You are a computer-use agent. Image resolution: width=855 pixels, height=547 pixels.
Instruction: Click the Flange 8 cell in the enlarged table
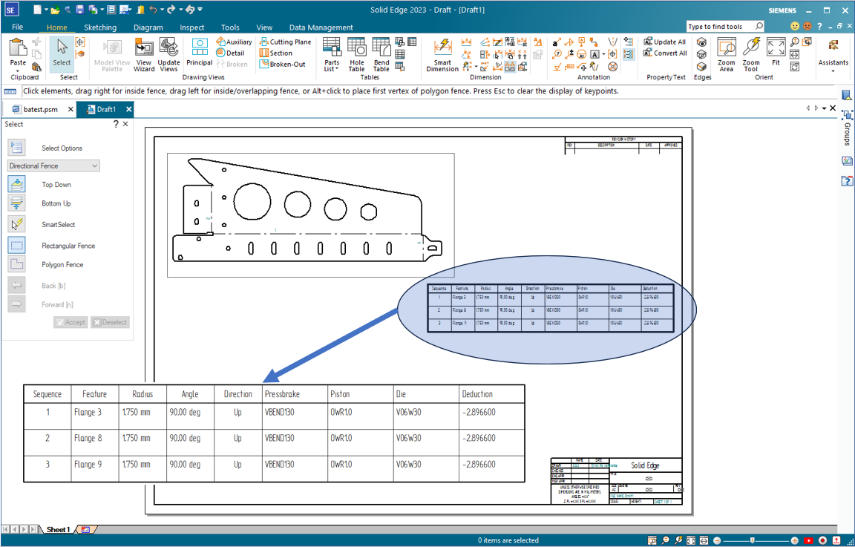point(88,438)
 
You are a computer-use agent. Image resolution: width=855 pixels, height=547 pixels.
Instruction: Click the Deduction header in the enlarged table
point(477,394)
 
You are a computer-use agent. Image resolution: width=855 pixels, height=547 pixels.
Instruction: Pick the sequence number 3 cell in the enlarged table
point(48,464)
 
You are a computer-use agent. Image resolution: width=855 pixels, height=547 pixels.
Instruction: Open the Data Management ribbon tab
point(321,27)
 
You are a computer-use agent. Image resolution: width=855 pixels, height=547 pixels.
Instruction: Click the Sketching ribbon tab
point(100,27)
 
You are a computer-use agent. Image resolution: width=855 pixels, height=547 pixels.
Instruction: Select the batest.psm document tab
point(41,109)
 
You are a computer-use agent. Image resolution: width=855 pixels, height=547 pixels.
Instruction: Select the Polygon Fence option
point(62,265)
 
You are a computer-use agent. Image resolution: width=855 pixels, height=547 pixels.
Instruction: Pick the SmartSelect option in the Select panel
point(58,224)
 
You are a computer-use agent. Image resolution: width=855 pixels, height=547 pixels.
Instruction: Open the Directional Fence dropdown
point(53,166)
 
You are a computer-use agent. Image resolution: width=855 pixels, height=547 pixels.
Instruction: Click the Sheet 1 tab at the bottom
point(58,529)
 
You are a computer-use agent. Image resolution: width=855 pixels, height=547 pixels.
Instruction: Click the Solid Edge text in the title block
point(644,465)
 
